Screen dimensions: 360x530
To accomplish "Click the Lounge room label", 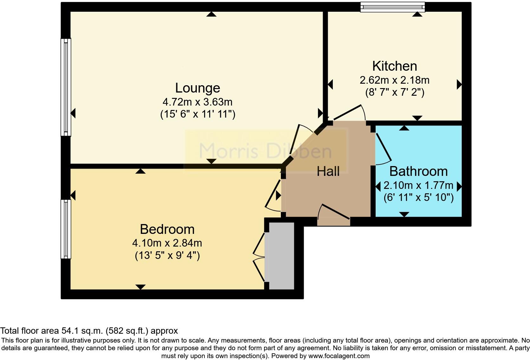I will point(197,88).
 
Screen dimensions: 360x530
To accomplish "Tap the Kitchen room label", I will point(394,66).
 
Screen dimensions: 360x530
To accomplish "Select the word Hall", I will point(328,171).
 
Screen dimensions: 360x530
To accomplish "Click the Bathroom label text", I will point(418,171).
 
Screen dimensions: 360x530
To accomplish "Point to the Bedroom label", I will point(167,229).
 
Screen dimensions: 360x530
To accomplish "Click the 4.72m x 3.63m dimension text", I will point(197,102).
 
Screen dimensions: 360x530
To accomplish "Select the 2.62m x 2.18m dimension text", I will point(394,80).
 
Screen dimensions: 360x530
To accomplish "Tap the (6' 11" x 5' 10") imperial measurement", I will point(418,197).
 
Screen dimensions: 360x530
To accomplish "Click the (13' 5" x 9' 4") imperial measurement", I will point(167,255).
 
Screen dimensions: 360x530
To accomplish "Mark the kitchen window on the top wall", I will point(392,7).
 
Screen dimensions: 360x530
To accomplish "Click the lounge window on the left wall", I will point(66,87).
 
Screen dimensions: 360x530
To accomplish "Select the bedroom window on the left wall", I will point(66,229).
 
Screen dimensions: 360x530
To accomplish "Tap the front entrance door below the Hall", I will point(334,215).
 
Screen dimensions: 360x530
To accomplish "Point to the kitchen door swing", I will point(349,113).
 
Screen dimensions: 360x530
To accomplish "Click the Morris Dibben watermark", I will point(266,151).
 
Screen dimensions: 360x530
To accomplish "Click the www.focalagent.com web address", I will point(339,356).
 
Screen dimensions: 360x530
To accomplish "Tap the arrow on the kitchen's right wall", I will point(459,85).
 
